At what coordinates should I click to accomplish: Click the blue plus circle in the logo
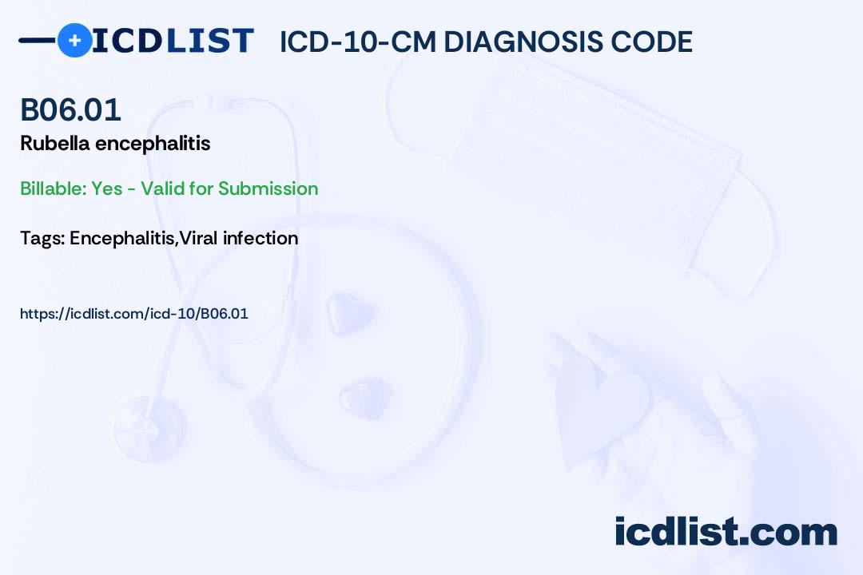tap(74, 40)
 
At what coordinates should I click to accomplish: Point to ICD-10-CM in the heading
tap(358, 42)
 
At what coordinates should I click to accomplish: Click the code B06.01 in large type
tap(71, 109)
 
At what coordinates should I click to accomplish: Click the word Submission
tap(268, 188)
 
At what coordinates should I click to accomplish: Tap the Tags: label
tap(42, 238)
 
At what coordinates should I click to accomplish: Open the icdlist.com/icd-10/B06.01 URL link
tap(134, 314)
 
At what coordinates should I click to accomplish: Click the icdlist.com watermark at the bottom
tap(726, 532)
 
